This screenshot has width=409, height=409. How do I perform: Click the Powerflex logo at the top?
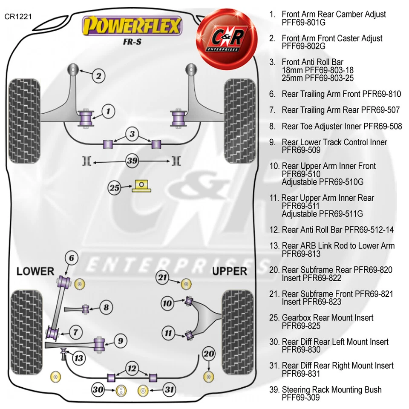(x=132, y=26)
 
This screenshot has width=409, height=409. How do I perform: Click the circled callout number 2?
(x=98, y=76)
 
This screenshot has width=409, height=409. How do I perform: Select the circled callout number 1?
(x=108, y=112)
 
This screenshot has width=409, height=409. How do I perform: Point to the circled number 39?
(x=132, y=161)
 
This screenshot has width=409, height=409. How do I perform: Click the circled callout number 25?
(x=114, y=188)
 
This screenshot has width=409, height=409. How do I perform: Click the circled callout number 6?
(x=72, y=258)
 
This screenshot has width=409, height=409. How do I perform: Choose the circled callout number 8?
(x=107, y=307)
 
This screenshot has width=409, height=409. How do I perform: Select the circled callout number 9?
(x=121, y=340)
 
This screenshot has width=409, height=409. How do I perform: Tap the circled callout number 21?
(x=162, y=277)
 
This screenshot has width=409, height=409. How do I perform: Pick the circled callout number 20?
(x=208, y=354)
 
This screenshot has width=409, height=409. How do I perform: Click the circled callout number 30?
(x=98, y=389)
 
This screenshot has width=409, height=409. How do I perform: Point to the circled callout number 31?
(x=169, y=389)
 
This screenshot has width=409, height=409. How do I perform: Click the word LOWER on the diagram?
(x=35, y=271)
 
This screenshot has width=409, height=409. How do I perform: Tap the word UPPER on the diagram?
(x=229, y=271)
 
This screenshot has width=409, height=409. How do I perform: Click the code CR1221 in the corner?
(x=17, y=17)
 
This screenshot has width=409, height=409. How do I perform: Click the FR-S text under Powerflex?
(x=132, y=42)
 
